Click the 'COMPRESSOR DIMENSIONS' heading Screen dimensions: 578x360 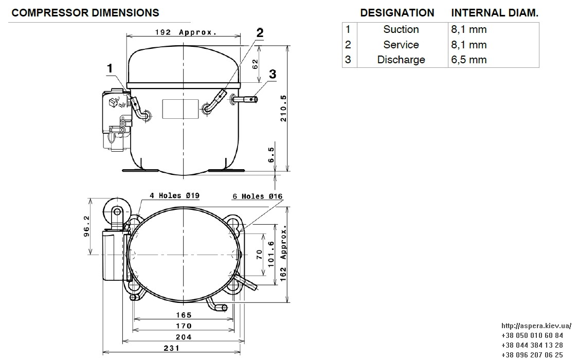[x=85, y=13]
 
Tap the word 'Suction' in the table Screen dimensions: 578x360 [x=401, y=29]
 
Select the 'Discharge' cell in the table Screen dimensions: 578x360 [x=401, y=60]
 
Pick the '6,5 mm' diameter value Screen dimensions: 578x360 [x=469, y=60]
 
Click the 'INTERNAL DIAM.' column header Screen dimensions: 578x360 [x=495, y=13]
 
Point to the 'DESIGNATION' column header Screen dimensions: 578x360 [x=397, y=13]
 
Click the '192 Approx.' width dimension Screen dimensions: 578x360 [x=186, y=32]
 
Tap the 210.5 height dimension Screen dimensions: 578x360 [x=283, y=109]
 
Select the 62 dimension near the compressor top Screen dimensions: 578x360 [x=255, y=64]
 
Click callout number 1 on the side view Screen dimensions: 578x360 [x=110, y=68]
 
